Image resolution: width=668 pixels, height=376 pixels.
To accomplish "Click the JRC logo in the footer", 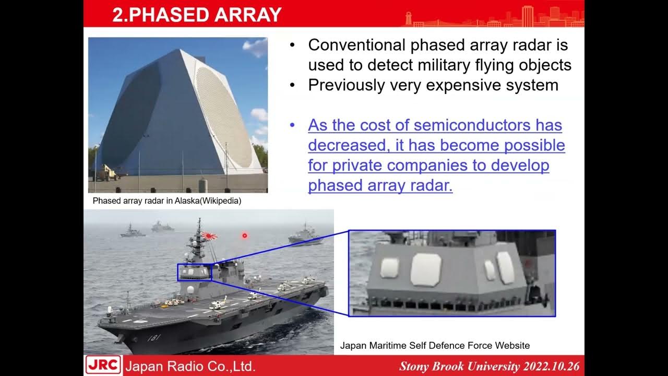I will tap(103, 365).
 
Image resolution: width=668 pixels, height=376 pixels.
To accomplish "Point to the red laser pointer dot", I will tap(244, 236).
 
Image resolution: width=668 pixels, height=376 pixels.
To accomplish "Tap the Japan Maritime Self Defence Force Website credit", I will tap(435, 345).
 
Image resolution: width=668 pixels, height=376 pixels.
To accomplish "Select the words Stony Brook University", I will tap(459, 366).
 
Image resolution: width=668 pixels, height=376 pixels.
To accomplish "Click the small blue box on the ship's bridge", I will tap(195, 272).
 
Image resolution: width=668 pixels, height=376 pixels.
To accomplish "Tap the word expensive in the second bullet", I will tap(459, 85).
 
